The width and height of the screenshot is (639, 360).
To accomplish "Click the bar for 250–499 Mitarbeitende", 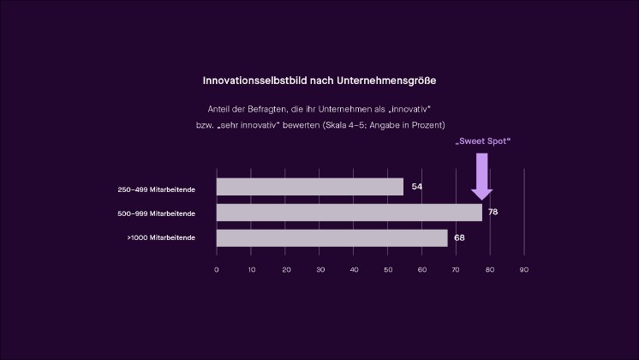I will tap(309, 187).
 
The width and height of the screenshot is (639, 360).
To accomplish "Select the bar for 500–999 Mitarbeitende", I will tap(349, 213).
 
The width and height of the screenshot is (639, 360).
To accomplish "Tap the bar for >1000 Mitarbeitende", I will tap(331, 237).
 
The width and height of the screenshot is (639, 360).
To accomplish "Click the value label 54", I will tap(417, 187).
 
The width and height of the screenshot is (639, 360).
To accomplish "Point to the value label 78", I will tap(493, 212).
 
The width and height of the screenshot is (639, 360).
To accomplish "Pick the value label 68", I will tap(459, 237).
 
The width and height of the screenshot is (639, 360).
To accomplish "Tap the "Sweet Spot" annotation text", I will tap(482, 141).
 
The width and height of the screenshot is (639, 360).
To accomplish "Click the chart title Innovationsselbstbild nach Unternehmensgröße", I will tap(319, 80).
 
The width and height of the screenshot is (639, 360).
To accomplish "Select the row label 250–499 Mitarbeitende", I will tap(157, 189).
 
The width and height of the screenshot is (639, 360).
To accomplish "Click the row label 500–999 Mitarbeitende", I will tap(157, 213).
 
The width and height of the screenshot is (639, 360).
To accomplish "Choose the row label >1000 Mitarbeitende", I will tap(161, 237).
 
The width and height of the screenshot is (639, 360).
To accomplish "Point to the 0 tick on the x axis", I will tap(217, 270).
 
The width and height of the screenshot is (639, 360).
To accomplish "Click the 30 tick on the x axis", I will tap(319, 270).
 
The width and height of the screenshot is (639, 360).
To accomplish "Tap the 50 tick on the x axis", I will tap(388, 270).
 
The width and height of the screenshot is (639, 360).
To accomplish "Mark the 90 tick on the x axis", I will tap(524, 270).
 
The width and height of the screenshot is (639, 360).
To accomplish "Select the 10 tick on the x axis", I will tap(251, 270).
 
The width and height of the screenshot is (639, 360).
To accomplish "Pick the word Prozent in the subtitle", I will tap(426, 125).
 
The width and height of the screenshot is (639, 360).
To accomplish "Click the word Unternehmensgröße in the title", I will tap(391, 80).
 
